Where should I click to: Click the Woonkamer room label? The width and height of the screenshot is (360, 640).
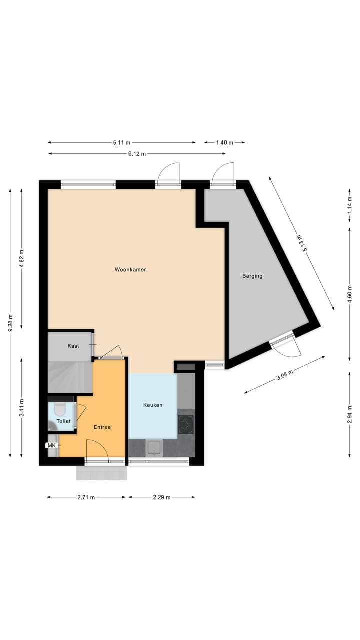(x=130, y=270)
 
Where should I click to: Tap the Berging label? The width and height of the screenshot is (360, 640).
(x=252, y=276)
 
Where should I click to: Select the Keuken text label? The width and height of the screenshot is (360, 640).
(x=152, y=405)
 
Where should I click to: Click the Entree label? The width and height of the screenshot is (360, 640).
(x=102, y=427)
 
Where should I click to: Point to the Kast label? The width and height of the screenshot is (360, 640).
(x=73, y=346)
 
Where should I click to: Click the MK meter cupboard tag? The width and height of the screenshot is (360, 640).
(x=51, y=445)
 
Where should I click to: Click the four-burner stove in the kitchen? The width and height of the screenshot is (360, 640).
(x=186, y=424)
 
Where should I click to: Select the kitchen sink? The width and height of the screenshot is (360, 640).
(x=154, y=448)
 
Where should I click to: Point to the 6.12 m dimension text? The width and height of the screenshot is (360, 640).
(x=137, y=154)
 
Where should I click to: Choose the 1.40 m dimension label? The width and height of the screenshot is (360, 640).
(x=224, y=143)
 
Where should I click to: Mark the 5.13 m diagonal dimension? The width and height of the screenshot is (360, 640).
(x=300, y=243)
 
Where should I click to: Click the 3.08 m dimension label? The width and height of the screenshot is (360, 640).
(x=284, y=375)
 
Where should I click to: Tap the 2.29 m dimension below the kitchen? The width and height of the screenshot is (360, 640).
(x=162, y=497)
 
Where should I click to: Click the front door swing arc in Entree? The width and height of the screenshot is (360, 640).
(x=98, y=448)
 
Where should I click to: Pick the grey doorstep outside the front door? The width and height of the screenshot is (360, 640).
(x=101, y=473)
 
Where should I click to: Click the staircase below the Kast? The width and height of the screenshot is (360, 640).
(x=70, y=378)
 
